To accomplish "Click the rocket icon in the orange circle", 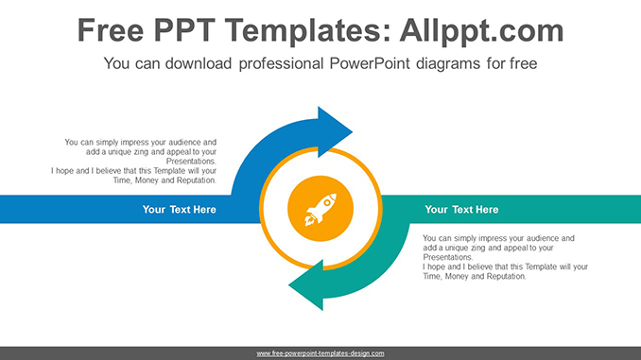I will click(320, 209).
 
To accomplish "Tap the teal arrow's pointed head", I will click(305, 287).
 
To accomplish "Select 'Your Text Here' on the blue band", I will click(179, 210).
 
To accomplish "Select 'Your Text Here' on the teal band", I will click(461, 210).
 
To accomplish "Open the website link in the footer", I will click(320, 353).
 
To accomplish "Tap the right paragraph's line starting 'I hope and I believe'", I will click(505, 266).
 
